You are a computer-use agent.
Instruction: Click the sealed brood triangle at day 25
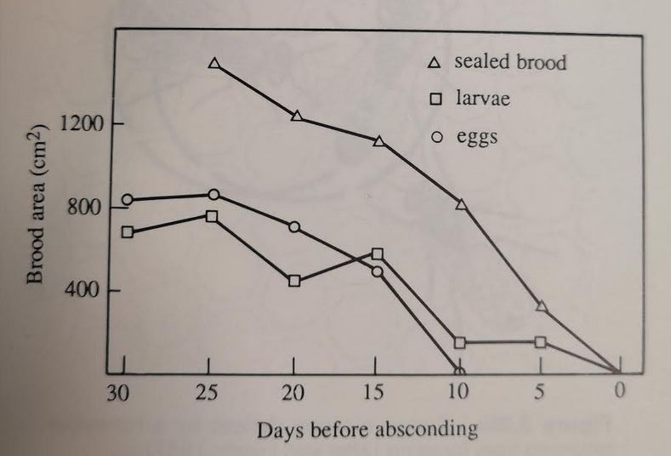[214, 63]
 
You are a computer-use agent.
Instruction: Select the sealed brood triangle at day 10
[461, 204]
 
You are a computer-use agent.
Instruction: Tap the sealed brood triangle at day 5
[542, 306]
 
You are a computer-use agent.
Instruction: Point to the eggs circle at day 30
[128, 200]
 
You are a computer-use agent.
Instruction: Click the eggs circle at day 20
[294, 227]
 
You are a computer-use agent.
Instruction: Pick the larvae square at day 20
[294, 282]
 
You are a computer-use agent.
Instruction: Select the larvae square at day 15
[377, 254]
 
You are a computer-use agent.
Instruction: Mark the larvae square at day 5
[541, 342]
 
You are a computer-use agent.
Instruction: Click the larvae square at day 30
[128, 232]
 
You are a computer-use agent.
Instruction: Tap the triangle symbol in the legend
[435, 63]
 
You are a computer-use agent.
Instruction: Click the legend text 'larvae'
[483, 99]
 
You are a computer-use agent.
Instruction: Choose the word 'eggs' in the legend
[477, 138]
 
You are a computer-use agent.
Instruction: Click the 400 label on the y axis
[82, 290]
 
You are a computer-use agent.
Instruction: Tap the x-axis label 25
[208, 392]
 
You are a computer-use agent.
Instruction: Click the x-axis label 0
[619, 390]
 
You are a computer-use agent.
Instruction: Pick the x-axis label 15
[372, 391]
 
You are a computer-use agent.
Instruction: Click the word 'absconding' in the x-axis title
[426, 430]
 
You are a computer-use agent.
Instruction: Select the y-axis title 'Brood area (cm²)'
[36, 204]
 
